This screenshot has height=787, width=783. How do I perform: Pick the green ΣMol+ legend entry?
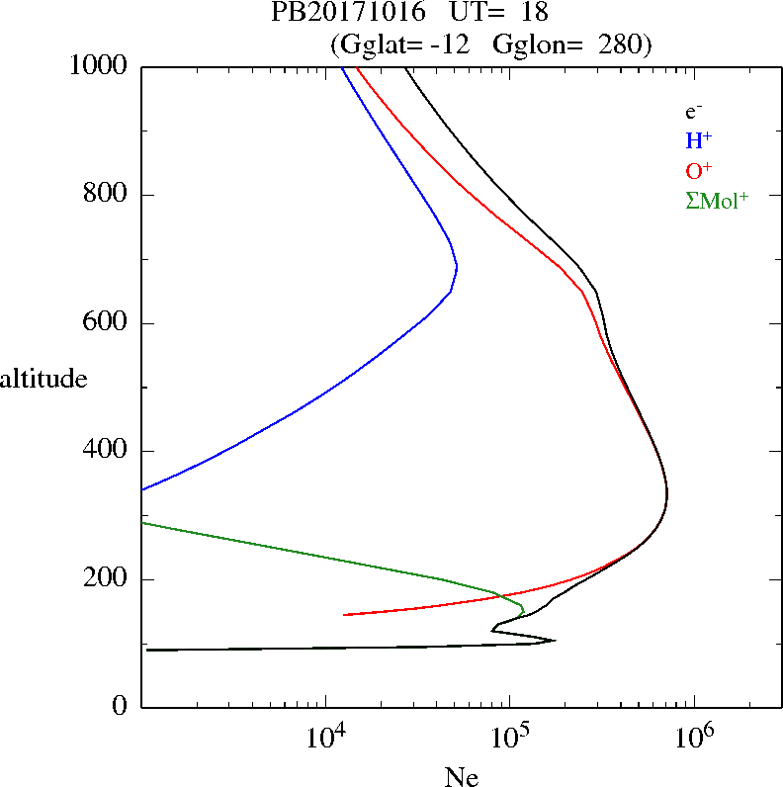(x=716, y=200)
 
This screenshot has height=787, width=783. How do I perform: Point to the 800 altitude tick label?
(x=108, y=195)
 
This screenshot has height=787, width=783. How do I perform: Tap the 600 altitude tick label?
(x=108, y=323)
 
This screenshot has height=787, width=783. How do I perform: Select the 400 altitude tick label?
(x=108, y=451)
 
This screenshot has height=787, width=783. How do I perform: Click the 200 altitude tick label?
(x=108, y=579)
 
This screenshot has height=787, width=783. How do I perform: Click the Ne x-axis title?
(x=461, y=777)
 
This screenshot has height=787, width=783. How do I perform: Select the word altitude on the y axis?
(x=43, y=378)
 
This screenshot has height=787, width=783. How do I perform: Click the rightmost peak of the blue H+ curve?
(x=457, y=267)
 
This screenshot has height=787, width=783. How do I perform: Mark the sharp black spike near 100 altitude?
(x=555, y=640)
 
